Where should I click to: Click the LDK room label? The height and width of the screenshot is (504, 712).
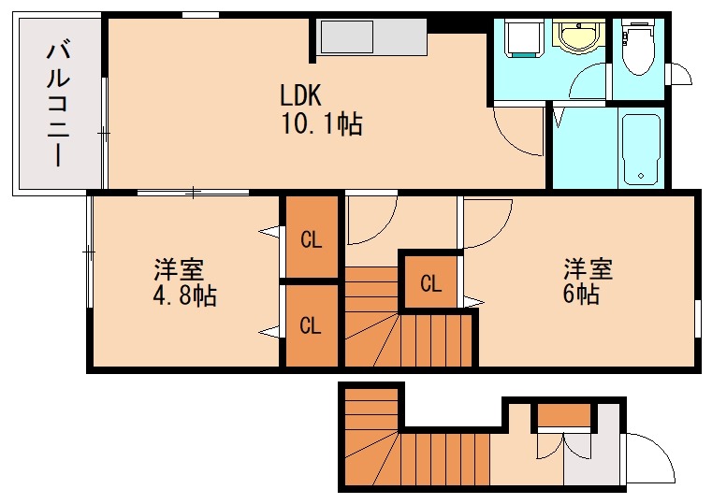(x=300, y=95)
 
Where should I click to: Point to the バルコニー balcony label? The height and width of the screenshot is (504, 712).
(x=58, y=104)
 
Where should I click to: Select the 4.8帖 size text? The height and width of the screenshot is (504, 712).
(x=184, y=297)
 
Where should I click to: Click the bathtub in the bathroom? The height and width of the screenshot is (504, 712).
(x=642, y=149)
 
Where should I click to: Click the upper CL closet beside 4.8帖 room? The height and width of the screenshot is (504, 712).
(x=311, y=239)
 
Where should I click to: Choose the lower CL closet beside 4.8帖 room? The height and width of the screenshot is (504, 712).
(x=311, y=325)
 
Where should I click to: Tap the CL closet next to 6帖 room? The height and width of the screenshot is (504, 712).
(x=430, y=282)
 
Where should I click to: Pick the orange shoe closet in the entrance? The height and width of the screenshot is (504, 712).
(x=563, y=415)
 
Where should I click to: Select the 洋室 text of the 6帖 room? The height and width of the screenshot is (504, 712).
(x=588, y=269)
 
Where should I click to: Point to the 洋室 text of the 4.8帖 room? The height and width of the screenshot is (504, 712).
(x=180, y=271)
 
